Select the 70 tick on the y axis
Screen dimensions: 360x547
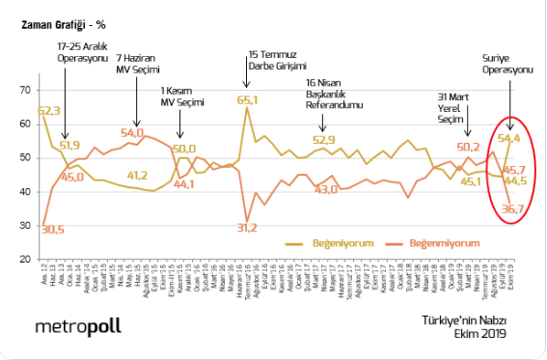pos(25,90)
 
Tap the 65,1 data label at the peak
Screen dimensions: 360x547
pos(248,99)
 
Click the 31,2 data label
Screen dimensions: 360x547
pos(247,228)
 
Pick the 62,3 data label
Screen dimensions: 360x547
pos(49,111)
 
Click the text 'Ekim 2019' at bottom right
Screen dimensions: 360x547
pos(479,334)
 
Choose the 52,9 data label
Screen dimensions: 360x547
pos(323,140)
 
